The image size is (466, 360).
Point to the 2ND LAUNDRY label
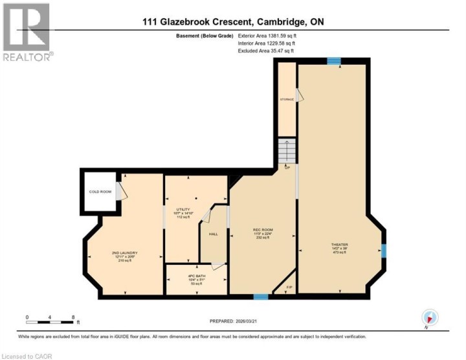coord(124,253)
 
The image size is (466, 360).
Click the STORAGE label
coord(286,99)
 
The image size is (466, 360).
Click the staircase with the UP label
coord(285,152)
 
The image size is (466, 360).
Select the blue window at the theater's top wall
coord(333,61)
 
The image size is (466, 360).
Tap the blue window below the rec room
coord(260,297)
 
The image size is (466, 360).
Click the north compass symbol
coord(430,317)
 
